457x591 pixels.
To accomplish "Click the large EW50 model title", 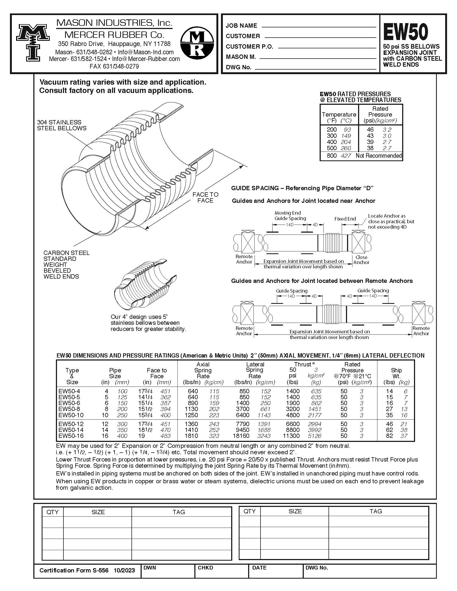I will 405,32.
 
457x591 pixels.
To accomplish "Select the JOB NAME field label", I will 241,26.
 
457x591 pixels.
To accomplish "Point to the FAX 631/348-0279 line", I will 114,66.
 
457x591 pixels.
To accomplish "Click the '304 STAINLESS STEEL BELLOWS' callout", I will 62,125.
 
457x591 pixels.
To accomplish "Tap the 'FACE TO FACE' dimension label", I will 205,197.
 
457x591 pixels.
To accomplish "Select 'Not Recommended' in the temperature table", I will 379,156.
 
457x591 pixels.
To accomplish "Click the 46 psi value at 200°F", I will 370,130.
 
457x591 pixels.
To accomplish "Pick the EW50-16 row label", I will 71,436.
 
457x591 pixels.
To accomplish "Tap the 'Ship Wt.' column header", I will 396,373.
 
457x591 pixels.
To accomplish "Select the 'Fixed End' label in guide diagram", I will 345,219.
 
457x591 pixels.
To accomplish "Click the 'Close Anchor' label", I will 361,260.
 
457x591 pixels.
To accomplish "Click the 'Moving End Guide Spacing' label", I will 290,216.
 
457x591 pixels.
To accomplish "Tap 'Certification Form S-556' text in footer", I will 74,570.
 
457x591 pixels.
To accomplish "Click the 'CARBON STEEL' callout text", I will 66,253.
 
